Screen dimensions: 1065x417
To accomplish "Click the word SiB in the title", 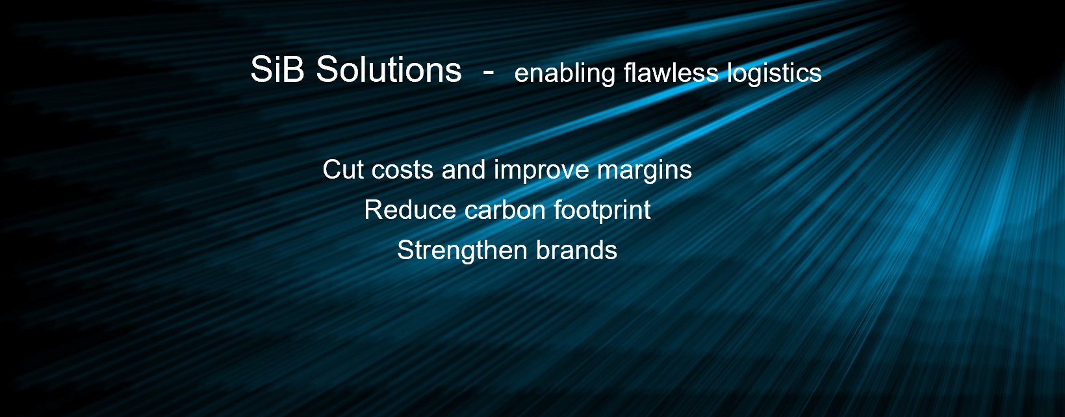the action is pyautogui.click(x=277, y=69).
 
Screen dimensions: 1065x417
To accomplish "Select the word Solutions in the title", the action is pyautogui.click(x=389, y=69).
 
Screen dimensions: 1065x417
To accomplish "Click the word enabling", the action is pyautogui.click(x=565, y=74).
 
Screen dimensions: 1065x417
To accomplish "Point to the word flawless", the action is pyautogui.click(x=671, y=73).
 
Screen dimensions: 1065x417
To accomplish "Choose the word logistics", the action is pyautogui.click(x=774, y=74).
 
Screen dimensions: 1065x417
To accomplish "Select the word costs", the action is pyautogui.click(x=402, y=170).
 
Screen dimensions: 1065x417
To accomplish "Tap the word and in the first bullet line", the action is pyautogui.click(x=463, y=170).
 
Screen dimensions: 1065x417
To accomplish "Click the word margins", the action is pyautogui.click(x=645, y=171).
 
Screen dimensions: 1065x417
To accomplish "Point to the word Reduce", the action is pyautogui.click(x=410, y=210).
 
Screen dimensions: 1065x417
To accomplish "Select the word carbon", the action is pyautogui.click(x=505, y=210).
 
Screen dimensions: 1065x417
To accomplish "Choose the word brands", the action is pyautogui.click(x=577, y=250).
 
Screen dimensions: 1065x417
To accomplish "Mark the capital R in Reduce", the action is pyautogui.click(x=374, y=210).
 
